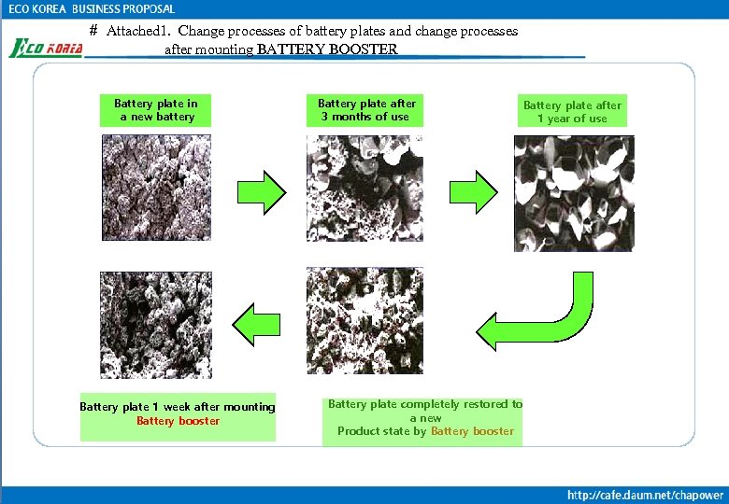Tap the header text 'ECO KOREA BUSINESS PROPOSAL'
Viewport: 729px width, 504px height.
point(92,9)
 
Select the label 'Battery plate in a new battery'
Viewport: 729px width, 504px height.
point(156,110)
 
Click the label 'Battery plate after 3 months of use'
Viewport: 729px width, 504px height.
point(366,110)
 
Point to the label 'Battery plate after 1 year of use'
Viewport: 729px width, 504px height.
point(572,112)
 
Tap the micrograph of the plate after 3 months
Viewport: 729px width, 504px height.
point(364,189)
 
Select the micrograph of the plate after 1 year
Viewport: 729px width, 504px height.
point(574,193)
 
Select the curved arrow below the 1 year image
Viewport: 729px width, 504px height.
point(542,313)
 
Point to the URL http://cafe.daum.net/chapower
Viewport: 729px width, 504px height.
point(645,495)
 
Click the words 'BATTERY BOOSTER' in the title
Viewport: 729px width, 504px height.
point(327,49)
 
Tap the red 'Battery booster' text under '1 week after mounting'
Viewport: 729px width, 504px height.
point(178,421)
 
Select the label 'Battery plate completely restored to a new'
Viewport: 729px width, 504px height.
point(425,411)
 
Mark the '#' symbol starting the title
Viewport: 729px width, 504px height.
point(93,31)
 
